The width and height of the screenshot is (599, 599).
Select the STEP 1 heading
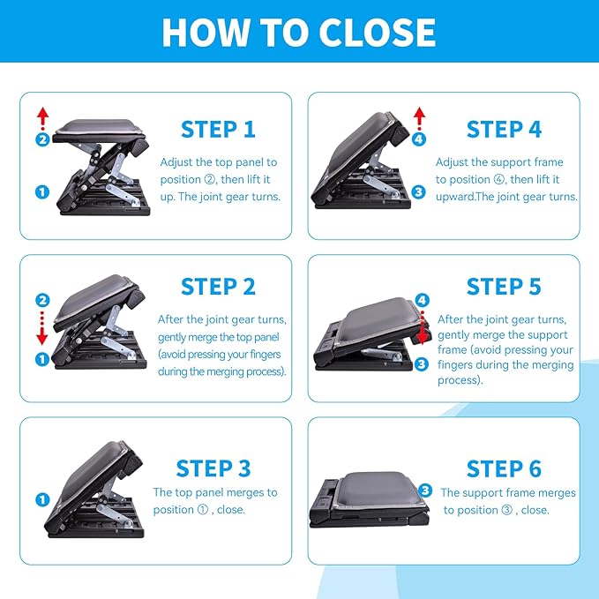coord(218,129)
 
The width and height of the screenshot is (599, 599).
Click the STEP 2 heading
coord(218,287)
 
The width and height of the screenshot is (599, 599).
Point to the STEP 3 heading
coord(213,468)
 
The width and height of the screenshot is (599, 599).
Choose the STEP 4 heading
coord(504,129)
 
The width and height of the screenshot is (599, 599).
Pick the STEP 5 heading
coord(504,287)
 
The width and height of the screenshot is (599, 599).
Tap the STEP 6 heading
coord(504,468)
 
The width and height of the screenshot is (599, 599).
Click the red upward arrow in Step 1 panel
coord(41,116)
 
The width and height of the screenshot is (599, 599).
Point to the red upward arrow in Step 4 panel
coord(420,116)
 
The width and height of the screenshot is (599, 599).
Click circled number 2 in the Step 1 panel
coord(41,139)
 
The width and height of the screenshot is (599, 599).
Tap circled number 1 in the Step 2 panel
coord(41,359)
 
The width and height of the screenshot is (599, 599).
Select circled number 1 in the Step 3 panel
coord(41,499)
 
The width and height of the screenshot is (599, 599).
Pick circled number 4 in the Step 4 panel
coord(419,139)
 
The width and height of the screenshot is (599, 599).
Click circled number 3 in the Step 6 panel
coord(425,490)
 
